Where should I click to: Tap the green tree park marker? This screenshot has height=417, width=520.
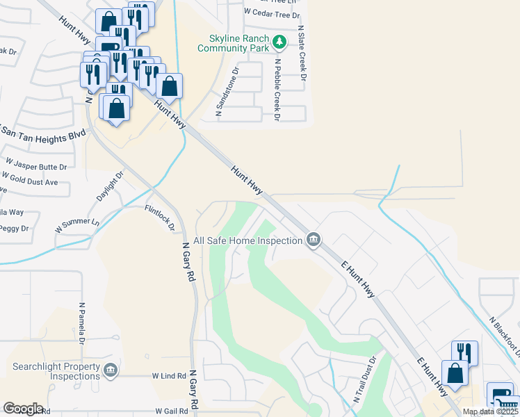tap(279, 42)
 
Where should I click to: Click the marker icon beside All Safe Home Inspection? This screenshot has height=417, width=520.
tap(314, 240)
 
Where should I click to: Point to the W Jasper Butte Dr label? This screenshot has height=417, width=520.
tap(36, 167)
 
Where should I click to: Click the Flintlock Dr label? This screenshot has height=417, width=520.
tap(159, 218)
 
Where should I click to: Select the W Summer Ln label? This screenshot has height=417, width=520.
tap(77, 226)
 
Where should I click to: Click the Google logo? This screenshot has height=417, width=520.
tap(23, 409)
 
